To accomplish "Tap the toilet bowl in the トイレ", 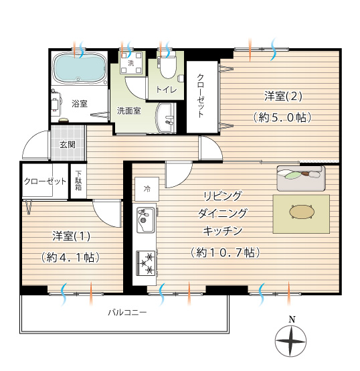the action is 169,68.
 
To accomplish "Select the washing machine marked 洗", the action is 131,63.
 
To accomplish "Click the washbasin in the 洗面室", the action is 166,117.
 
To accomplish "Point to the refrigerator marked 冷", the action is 147,189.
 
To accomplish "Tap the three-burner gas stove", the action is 146,263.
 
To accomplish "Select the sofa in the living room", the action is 301,178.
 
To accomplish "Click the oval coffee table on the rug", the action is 302,212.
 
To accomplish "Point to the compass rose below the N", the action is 290,341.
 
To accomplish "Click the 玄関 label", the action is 68,145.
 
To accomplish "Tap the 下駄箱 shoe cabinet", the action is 78,181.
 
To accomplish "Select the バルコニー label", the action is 127,313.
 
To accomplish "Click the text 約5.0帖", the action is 282,118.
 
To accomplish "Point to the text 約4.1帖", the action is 70,258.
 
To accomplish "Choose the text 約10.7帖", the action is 225,252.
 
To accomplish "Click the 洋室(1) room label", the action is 71,236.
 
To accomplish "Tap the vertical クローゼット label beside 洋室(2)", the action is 201,96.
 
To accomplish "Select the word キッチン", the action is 222,231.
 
